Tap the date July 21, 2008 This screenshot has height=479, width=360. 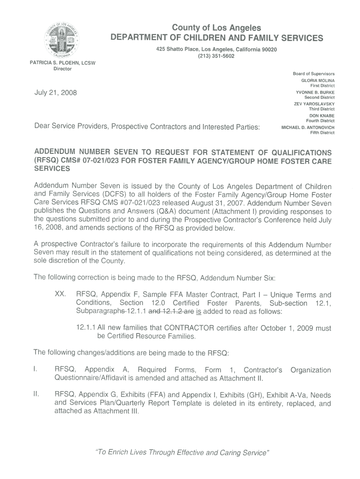pyautogui.click(x=56, y=93)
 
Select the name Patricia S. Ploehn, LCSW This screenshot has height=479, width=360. pyautogui.click(x=63, y=63)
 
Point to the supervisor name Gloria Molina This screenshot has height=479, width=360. pyautogui.click(x=318, y=80)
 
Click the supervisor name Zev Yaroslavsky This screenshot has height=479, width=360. pyautogui.click(x=314, y=104)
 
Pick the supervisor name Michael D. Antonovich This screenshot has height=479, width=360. pyautogui.click(x=308, y=127)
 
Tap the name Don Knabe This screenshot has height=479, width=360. pyautogui.click(x=322, y=116)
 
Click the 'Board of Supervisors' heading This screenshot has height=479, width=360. pyautogui.click(x=313, y=74)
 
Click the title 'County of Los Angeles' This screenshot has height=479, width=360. pyautogui.click(x=216, y=29)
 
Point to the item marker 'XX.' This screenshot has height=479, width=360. pyautogui.click(x=61, y=295)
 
